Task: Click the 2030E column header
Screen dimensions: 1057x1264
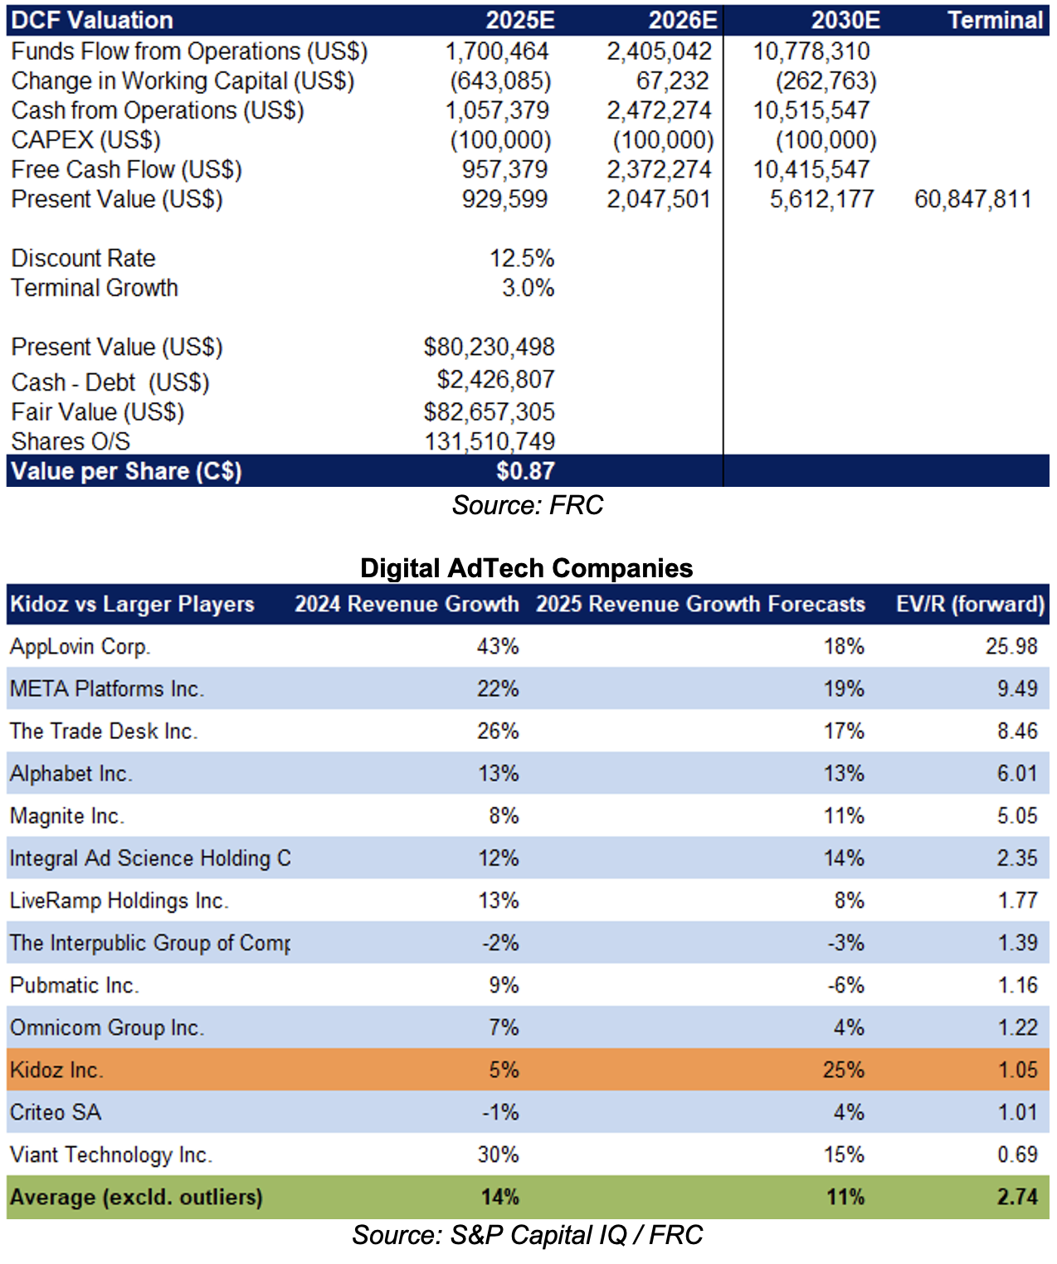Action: [x=845, y=20]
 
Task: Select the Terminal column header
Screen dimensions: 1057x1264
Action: [x=996, y=20]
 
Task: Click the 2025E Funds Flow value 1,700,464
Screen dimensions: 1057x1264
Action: [x=497, y=51]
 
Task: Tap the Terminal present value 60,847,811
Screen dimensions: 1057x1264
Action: [x=973, y=199]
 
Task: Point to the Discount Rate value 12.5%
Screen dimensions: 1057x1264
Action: [x=522, y=259]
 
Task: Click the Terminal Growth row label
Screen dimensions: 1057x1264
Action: [x=95, y=288]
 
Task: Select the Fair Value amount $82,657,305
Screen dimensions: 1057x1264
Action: [x=489, y=412]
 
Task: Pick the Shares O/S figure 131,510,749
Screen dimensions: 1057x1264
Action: [x=489, y=442]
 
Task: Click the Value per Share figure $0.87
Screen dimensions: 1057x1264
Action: [x=525, y=471]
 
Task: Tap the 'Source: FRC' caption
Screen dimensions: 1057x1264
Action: [x=528, y=505]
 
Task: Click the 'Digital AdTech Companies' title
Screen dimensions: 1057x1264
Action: [x=526, y=568]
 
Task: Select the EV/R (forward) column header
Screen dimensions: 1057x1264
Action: [x=971, y=604]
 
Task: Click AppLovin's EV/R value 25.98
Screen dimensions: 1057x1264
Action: [x=1011, y=647]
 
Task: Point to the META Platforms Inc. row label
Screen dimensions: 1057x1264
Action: [x=107, y=689]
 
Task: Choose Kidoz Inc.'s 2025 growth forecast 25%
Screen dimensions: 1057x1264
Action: [x=843, y=1070]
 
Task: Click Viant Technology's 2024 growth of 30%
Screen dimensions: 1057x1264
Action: [x=498, y=1155]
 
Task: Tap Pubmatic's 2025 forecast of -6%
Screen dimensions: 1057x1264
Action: [x=845, y=985]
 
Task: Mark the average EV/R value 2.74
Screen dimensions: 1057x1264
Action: [x=1018, y=1198]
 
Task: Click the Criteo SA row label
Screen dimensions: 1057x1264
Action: [x=56, y=1113]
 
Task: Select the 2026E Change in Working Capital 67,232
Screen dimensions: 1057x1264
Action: [x=672, y=81]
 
